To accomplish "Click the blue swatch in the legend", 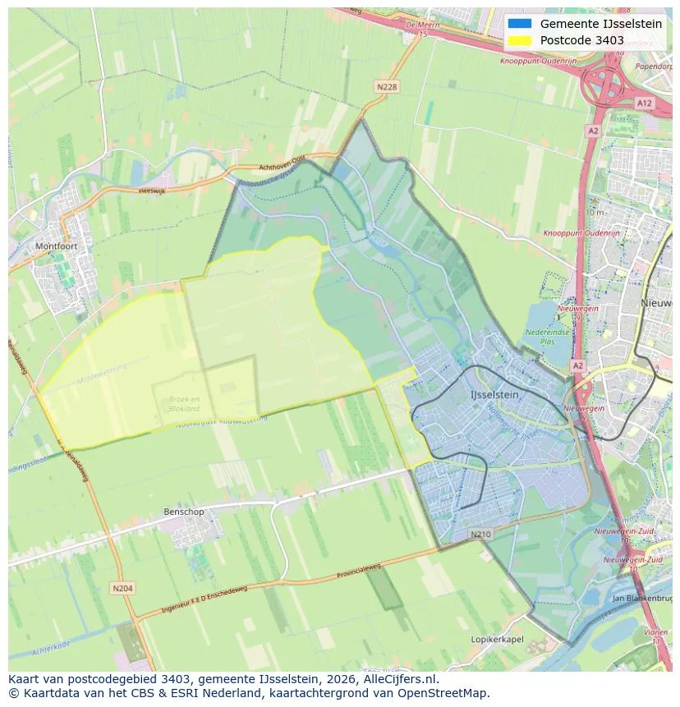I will click(x=520, y=24).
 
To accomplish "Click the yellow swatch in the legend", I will click(x=520, y=40).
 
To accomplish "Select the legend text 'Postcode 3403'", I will click(x=581, y=40).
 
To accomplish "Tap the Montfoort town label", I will click(x=55, y=246).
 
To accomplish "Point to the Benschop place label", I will click(x=183, y=512).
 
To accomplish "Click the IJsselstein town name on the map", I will click(x=494, y=395).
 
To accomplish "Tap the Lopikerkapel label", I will click(x=497, y=639).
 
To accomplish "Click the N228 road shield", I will click(x=387, y=86).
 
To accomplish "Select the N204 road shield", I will click(x=122, y=588).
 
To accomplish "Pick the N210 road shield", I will click(x=480, y=535).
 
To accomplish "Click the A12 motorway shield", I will click(x=643, y=103).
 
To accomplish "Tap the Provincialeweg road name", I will click(x=359, y=572).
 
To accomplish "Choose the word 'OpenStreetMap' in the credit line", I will click(x=447, y=693).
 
